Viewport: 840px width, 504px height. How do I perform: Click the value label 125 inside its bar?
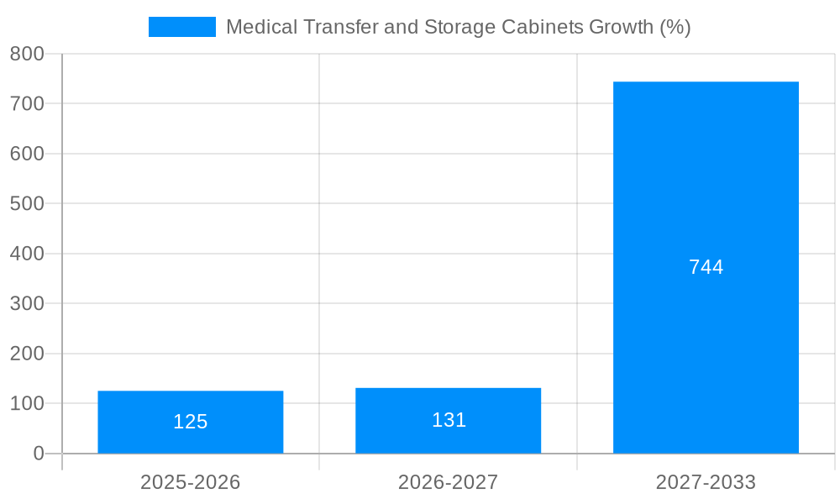point(191,422)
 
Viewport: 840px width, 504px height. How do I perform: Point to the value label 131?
point(449,420)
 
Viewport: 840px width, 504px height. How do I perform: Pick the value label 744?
point(706,267)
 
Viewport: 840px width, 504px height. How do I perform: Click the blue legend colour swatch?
point(181,27)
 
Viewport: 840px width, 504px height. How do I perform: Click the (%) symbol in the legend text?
point(675,27)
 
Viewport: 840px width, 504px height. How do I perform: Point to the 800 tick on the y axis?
point(27,54)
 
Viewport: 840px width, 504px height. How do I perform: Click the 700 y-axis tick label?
point(27,104)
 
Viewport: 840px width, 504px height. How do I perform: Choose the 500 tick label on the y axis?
point(27,204)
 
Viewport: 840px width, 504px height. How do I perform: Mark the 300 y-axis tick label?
point(27,304)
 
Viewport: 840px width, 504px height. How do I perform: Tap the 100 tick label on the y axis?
point(27,404)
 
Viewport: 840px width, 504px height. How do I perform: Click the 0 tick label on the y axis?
point(39,454)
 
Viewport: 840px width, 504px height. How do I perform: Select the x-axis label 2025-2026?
point(191,482)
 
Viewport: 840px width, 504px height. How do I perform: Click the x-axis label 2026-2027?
point(448,482)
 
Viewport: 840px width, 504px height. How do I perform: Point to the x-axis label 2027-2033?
point(706,482)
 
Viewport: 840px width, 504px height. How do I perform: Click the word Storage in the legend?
point(462,27)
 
